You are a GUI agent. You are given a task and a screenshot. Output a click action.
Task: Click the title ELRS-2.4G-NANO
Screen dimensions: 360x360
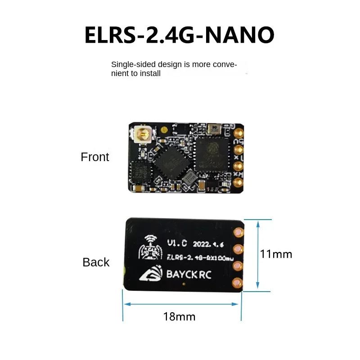pos(179,35)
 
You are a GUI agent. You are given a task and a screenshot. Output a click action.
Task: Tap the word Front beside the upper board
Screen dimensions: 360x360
pos(95,157)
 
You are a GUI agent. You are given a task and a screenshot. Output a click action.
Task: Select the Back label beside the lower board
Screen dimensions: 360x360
pos(96,262)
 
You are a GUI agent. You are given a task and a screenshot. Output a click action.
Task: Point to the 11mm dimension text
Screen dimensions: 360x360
pos(276,254)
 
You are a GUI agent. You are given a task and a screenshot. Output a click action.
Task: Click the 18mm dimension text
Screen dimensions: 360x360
pos(179,316)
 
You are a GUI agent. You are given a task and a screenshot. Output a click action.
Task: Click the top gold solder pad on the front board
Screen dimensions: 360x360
pos(238,134)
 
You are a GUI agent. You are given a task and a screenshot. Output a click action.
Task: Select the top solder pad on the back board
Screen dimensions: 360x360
pos(238,232)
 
